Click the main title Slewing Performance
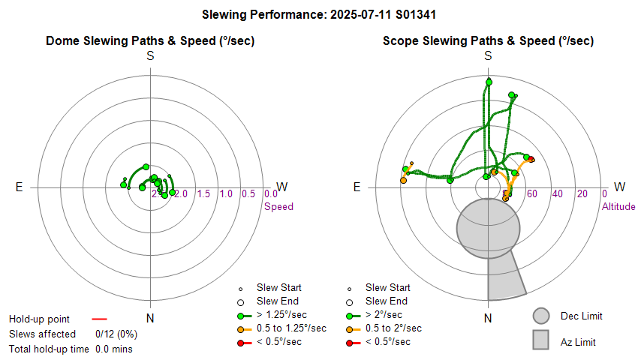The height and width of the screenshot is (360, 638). coord(320,14)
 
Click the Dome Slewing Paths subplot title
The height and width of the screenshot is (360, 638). coord(150,41)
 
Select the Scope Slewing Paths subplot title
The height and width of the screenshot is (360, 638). coord(488,41)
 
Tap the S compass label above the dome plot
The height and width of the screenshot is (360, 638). coord(150,56)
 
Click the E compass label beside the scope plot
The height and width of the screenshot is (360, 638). coord(357,187)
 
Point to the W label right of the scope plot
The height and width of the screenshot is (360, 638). coord(619,187)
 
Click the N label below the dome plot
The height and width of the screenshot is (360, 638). coord(150,318)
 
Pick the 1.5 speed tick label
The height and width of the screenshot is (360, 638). coord(203,194)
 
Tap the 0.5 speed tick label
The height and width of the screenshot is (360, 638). coord(248,194)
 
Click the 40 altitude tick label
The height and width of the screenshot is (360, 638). coord(557,194)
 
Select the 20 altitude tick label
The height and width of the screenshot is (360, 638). coord(582,194)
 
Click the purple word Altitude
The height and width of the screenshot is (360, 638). coord(618,206)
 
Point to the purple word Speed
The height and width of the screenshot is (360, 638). coord(278,206)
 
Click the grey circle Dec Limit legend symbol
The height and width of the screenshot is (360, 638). coord(542,316)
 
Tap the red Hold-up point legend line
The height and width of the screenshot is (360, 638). coord(99,319)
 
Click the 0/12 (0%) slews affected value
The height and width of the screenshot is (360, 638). coord(116,334)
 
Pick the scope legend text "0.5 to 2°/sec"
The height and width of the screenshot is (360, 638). coord(393,328)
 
